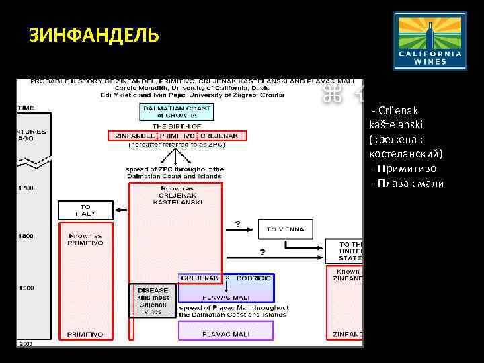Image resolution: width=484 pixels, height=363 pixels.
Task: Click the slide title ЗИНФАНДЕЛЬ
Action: pyautogui.click(x=93, y=35)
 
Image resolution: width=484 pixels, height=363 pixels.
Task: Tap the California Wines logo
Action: pyautogui.click(x=430, y=40)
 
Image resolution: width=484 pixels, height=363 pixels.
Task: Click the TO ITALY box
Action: pyautogui.click(x=85, y=210)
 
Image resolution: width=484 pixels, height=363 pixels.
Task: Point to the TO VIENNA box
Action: pyautogui.click(x=285, y=229)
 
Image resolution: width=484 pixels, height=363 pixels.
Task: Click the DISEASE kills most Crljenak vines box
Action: pyautogui.click(x=153, y=300)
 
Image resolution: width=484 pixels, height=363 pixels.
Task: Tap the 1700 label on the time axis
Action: pyautogui.click(x=26, y=187)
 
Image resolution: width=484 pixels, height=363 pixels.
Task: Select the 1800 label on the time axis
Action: pyautogui.click(x=26, y=236)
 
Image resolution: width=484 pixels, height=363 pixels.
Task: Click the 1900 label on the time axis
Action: pyautogui.click(x=26, y=288)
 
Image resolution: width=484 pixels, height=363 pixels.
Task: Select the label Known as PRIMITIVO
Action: pyautogui.click(x=85, y=239)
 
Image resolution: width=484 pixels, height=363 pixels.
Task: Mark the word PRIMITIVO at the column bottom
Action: pyautogui.click(x=85, y=333)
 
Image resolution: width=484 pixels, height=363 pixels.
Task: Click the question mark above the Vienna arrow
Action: pyautogui.click(x=237, y=223)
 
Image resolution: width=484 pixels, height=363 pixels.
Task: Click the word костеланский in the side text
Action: pyautogui.click(x=405, y=155)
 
